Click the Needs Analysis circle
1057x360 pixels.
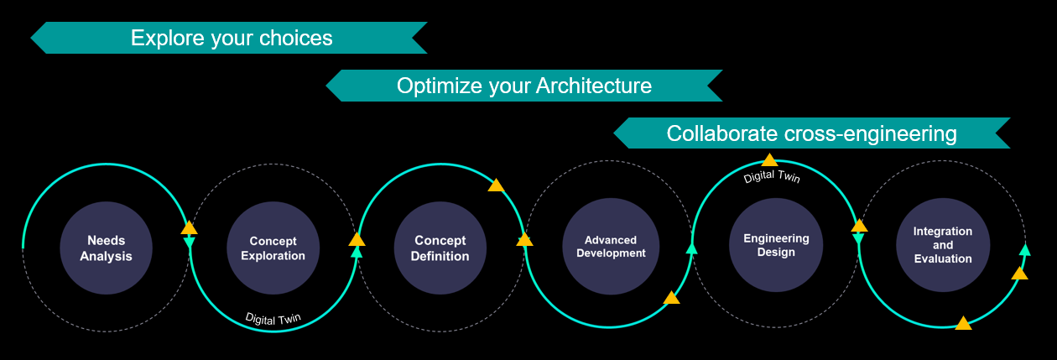tap(106, 248)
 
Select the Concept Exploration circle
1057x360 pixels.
tap(273, 248)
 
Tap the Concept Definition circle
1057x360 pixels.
tap(440, 248)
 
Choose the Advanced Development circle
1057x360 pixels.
tap(610, 247)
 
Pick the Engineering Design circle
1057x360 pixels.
tap(775, 245)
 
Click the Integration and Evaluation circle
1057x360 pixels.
tap(942, 245)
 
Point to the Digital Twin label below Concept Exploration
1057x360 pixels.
tap(273, 318)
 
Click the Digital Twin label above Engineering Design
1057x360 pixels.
tap(772, 176)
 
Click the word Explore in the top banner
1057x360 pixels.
tap(164, 38)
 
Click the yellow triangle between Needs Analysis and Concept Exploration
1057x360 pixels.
tap(189, 228)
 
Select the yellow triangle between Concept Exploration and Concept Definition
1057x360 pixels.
tap(357, 239)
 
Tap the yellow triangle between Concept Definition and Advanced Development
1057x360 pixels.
tap(524, 240)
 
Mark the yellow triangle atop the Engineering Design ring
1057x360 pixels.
tap(769, 159)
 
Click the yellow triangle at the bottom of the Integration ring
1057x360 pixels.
tap(963, 323)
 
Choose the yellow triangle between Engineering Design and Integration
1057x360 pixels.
tap(859, 226)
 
